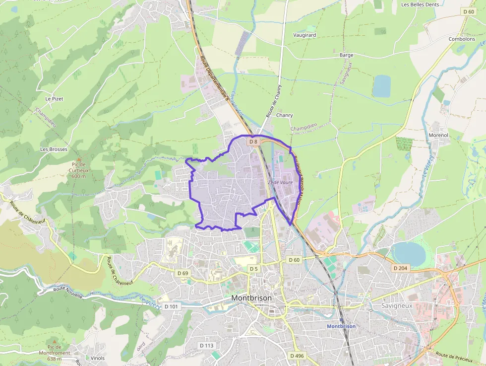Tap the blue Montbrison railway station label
(341, 326)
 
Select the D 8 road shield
(253, 142)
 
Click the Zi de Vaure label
(280, 182)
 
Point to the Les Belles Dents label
(421, 4)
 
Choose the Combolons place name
(462, 39)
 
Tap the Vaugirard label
(304, 35)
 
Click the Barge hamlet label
(347, 55)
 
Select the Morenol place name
(438, 135)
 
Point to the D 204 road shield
(400, 268)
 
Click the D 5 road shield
(254, 269)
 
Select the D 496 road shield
(297, 356)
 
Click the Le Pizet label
(54, 99)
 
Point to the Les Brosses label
(54, 149)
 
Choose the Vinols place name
(98, 358)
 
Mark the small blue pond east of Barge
(381, 86)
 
